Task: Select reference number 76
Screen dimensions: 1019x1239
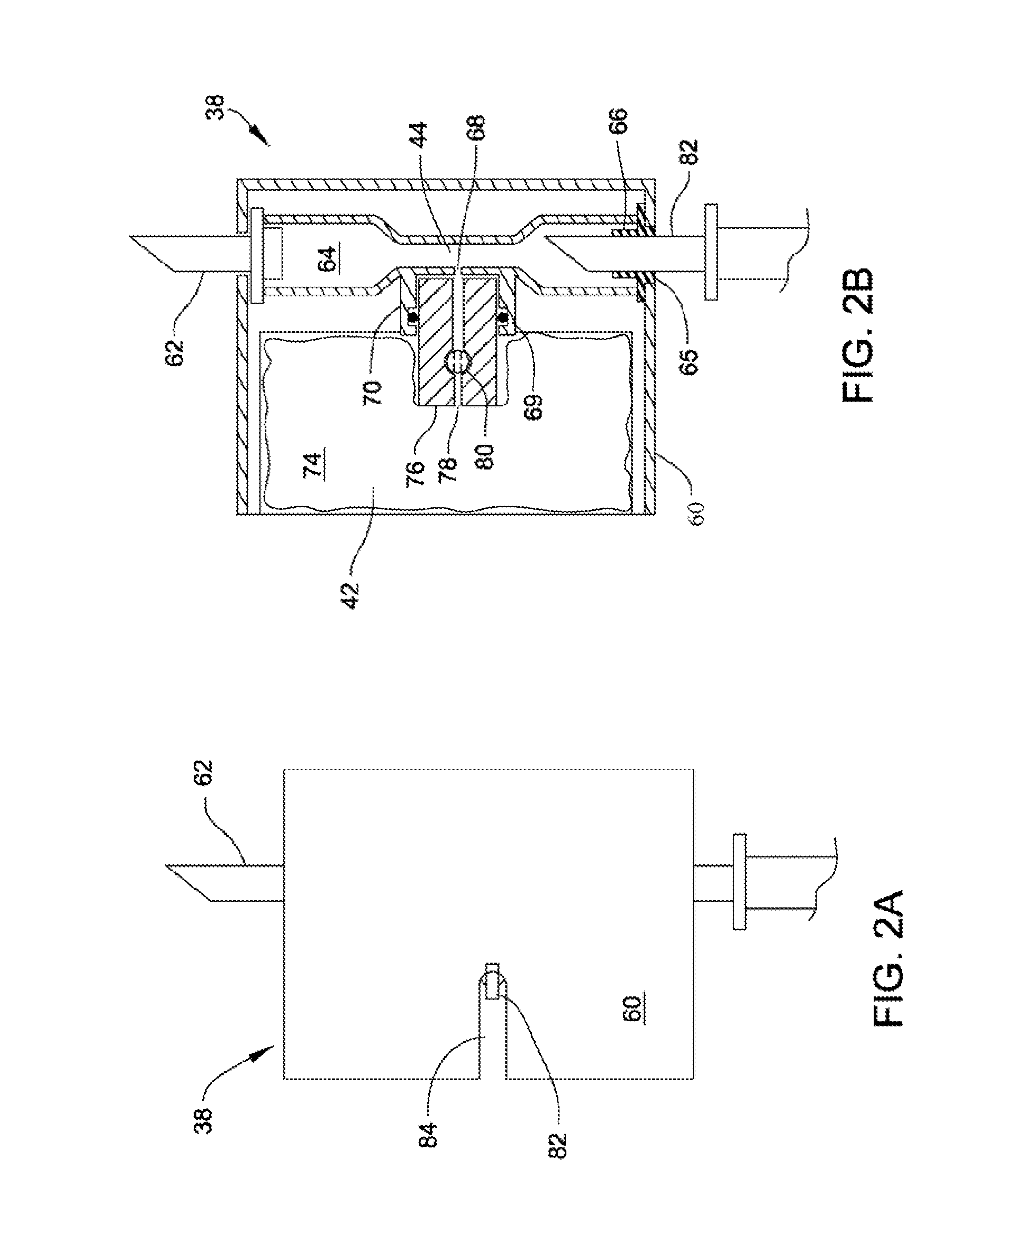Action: pos(415,474)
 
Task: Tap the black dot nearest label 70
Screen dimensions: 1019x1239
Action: pos(413,317)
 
